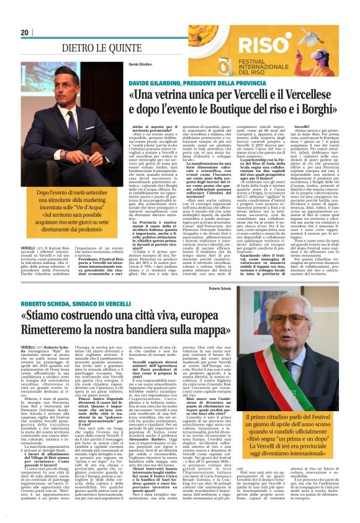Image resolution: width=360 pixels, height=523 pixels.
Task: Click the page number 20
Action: (25, 32)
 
